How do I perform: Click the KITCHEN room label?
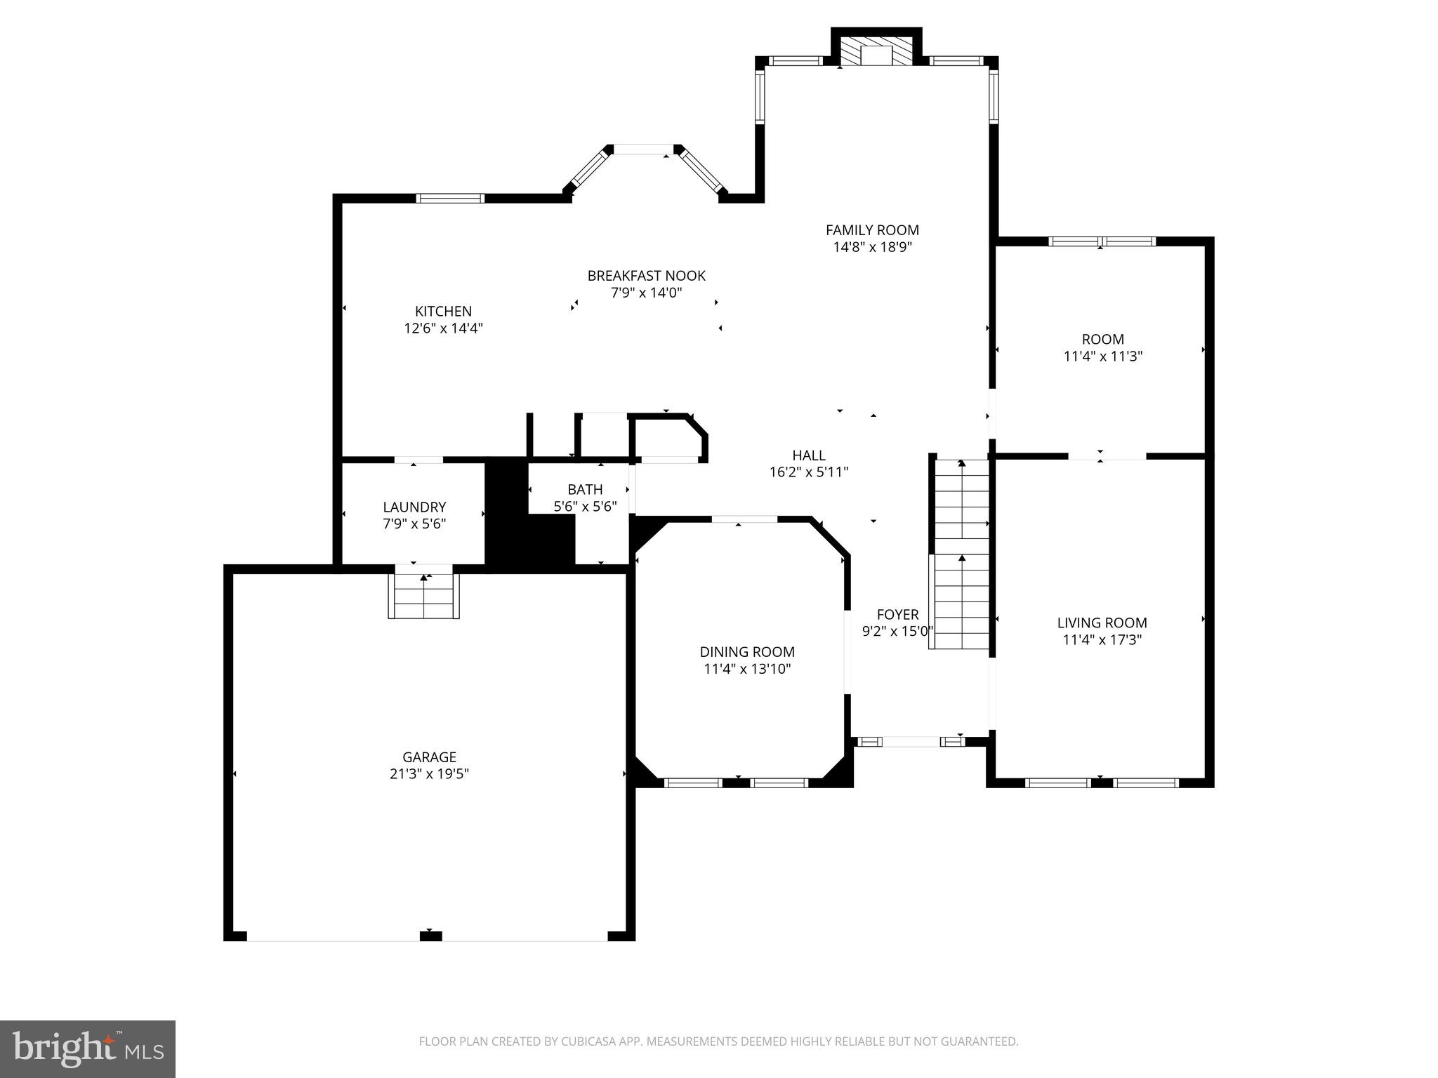point(443,311)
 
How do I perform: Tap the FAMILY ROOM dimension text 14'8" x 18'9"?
point(872,247)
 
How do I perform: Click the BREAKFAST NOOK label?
point(646,276)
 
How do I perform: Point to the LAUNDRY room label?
point(414,507)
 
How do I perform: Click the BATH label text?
point(585,489)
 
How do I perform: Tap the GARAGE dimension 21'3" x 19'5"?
point(429,774)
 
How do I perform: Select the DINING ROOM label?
point(747,652)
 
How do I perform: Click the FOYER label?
point(897,615)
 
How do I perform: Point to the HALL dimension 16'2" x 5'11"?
point(809,472)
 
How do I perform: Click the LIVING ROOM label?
point(1102,623)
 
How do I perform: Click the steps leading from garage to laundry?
point(423,596)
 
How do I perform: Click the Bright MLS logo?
point(88,1049)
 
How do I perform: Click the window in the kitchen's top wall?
point(450,198)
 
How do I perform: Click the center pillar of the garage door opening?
point(430,936)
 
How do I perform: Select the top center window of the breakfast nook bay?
point(643,149)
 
